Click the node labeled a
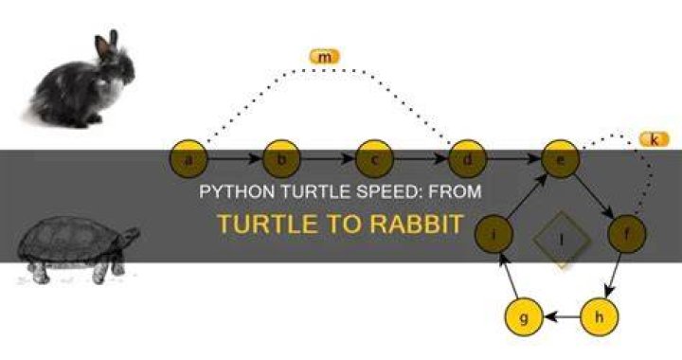click(188, 159)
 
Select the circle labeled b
click(281, 159)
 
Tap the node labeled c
click(374, 159)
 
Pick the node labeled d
click(468, 159)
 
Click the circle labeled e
click(561, 159)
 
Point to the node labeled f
click(627, 233)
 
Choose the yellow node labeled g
click(524, 317)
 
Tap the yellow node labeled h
click(599, 317)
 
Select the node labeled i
click(494, 233)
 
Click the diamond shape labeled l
click(562, 239)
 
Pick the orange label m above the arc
click(324, 57)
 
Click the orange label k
click(655, 139)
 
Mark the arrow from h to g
click(562, 317)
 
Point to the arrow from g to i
click(509, 276)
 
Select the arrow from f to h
click(613, 275)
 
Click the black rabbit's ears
click(106, 43)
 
